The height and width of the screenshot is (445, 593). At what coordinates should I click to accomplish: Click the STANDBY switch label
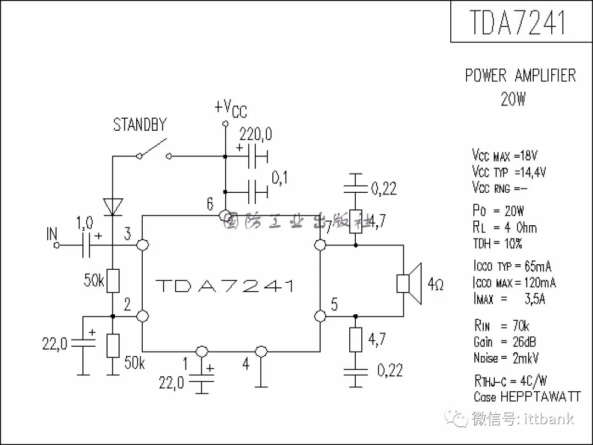click(x=140, y=125)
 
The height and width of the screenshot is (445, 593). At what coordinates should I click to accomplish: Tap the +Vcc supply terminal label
click(x=231, y=109)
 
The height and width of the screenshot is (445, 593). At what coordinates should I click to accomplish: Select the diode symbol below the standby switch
click(x=113, y=207)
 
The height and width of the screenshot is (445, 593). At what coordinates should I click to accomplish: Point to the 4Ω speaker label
click(x=435, y=284)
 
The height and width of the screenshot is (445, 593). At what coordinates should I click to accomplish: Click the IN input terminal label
click(x=52, y=234)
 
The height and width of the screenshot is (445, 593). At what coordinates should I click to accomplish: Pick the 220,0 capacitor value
click(x=256, y=134)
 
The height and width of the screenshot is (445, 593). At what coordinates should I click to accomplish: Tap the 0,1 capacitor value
click(x=279, y=178)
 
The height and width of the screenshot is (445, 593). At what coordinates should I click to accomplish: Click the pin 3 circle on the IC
click(x=143, y=245)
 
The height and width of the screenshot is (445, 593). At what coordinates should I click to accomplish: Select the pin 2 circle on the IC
click(x=143, y=316)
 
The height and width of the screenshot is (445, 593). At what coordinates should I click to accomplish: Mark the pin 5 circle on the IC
click(x=320, y=316)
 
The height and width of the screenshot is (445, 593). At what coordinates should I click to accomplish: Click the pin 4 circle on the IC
click(x=261, y=352)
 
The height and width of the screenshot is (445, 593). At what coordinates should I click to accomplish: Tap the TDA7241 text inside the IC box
click(x=225, y=286)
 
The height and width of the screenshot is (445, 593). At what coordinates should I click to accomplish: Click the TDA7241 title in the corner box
click(x=518, y=22)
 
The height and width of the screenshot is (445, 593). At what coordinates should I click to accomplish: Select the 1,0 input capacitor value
click(x=85, y=223)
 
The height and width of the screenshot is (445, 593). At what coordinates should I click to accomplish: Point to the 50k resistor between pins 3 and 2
click(x=113, y=281)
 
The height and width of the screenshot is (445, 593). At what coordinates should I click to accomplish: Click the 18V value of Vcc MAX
click(x=529, y=155)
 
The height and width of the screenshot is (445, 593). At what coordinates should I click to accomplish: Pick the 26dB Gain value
click(x=524, y=342)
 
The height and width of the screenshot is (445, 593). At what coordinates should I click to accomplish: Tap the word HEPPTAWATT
click(x=540, y=397)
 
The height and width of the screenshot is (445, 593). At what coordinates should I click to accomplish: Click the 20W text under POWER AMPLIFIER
click(x=513, y=99)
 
